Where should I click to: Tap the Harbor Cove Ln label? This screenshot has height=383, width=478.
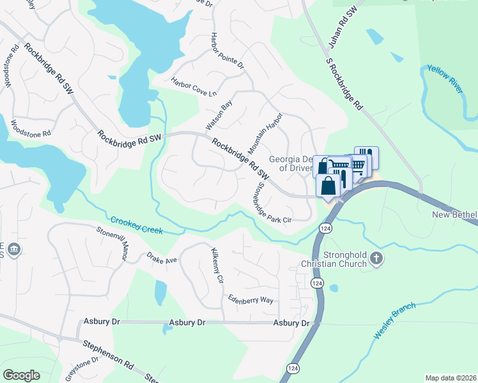194,87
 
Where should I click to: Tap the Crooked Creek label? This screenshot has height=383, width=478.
137,225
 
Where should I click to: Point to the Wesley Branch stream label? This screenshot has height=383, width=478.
395,320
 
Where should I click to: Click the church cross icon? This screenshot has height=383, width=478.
376,259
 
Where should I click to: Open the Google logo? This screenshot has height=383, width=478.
21,375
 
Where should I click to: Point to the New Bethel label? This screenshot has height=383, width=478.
454,215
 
